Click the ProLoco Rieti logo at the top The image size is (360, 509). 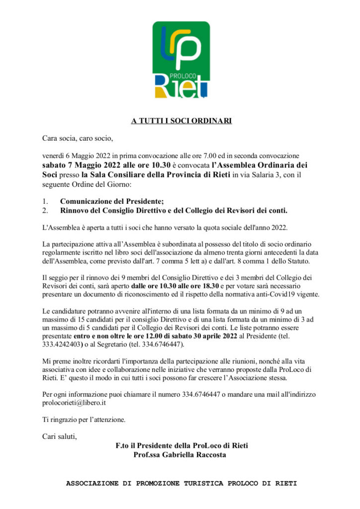(180, 60)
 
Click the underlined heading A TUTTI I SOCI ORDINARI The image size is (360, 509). (181, 121)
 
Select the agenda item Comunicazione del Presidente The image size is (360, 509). (111, 201)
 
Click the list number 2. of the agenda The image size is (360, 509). (45, 210)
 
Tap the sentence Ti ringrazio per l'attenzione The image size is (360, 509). (84, 419)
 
